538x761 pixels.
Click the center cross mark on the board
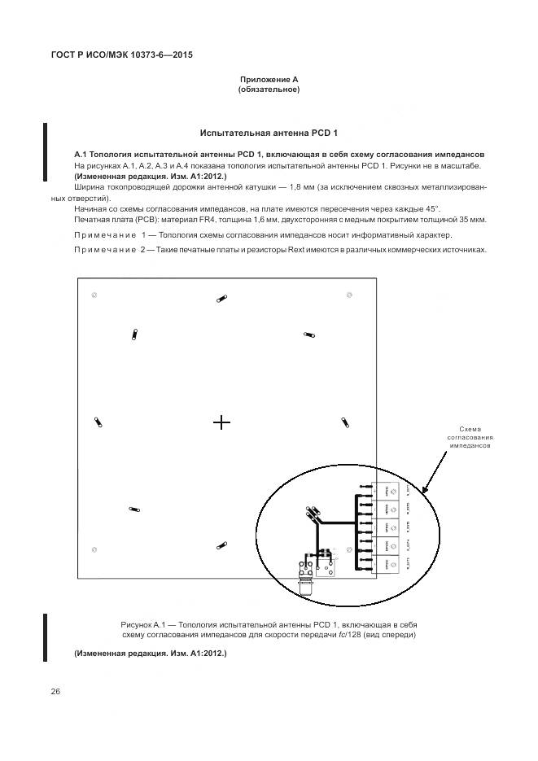click(221, 422)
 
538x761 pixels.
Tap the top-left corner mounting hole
click(95, 294)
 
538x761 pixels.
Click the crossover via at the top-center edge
click(220, 300)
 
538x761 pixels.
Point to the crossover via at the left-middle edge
click(98, 422)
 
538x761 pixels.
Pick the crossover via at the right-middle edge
click(344, 422)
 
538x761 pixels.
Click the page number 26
click(55, 692)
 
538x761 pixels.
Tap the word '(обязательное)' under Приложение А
click(269, 90)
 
